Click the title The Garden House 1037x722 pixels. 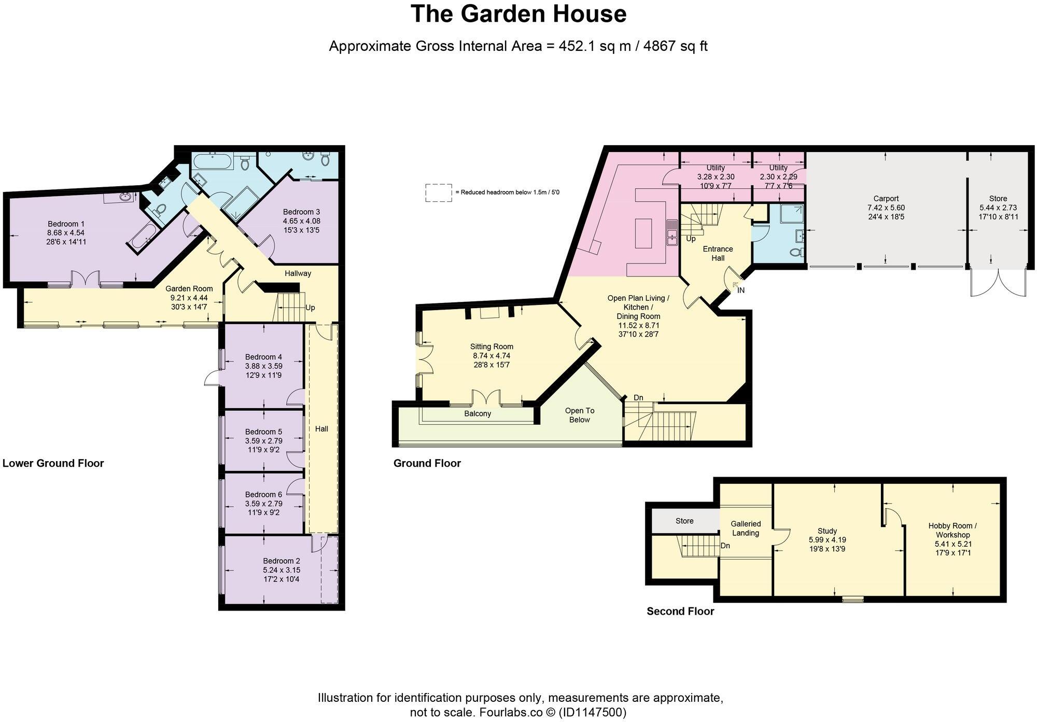pos(518,14)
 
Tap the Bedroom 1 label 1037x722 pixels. pos(66,224)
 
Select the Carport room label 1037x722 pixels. pos(886,199)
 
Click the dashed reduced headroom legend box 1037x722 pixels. pos(438,192)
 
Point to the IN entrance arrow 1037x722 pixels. pos(736,286)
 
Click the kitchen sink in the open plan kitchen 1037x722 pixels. pos(672,232)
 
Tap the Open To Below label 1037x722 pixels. pos(580,415)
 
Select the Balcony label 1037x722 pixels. pos(477,414)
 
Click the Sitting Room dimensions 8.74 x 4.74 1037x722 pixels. pos(492,356)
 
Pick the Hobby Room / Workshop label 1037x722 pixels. pos(952,530)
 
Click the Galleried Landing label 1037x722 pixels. pos(746,528)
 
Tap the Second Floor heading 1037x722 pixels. pos(680,612)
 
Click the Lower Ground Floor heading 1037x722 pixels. pos(53,463)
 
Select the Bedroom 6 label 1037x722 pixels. pos(263,494)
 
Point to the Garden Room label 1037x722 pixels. pos(189,289)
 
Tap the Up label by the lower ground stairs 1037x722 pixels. pos(310,308)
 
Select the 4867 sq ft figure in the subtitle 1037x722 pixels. pos(675,46)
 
